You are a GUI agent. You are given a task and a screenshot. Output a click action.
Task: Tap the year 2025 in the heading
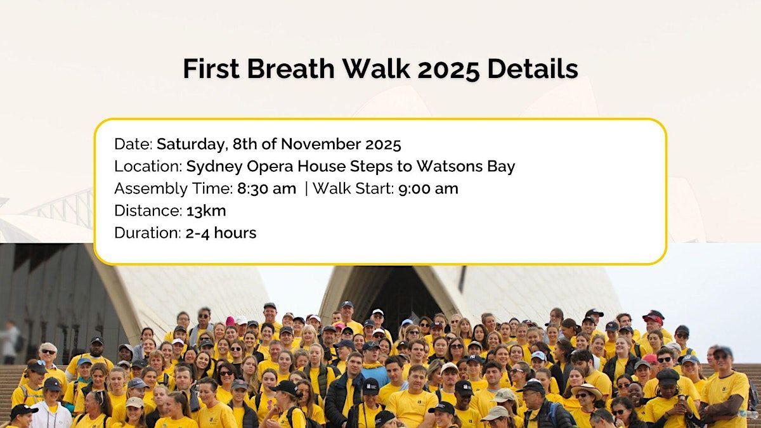click(448, 69)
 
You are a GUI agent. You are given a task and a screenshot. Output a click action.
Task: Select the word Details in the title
click(532, 68)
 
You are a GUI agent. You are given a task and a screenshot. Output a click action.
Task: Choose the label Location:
click(149, 166)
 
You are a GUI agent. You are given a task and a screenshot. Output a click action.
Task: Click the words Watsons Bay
click(465, 167)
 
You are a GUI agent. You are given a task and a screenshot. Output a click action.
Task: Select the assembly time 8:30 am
click(267, 188)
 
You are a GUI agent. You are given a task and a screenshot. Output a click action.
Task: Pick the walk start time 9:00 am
click(429, 188)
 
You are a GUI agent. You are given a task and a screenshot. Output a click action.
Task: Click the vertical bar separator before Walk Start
click(306, 189)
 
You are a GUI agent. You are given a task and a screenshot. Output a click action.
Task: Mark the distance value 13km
click(206, 211)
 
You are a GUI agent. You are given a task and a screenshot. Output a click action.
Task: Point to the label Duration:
click(148, 233)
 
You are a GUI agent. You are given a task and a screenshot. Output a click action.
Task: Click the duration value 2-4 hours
click(221, 233)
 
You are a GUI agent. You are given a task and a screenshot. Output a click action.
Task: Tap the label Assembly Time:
click(174, 189)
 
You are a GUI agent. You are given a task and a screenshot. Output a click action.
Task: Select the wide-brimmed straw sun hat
click(587, 391)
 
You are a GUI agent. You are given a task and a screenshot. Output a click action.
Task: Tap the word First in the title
click(211, 68)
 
